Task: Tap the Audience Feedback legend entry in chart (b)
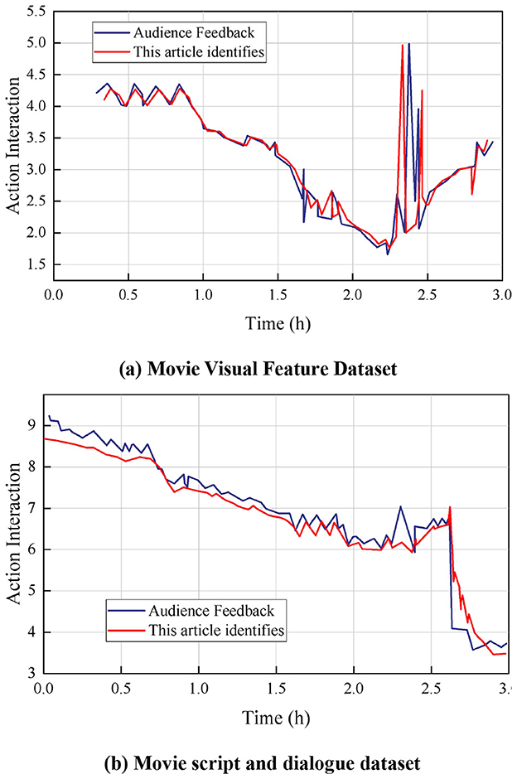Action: [207, 612]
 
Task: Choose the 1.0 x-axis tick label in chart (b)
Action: [199, 688]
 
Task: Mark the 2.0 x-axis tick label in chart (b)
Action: [354, 688]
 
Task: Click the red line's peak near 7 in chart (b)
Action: [450, 507]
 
